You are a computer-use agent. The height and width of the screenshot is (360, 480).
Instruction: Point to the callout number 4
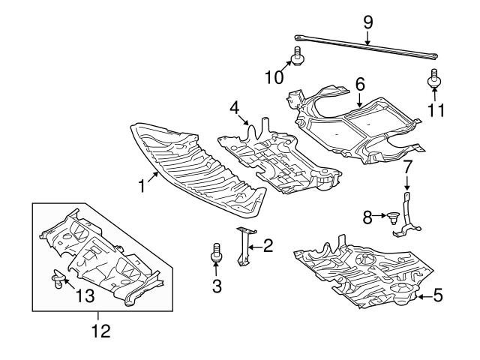point(235,108)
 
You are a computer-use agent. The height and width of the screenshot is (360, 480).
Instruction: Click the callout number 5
point(438,296)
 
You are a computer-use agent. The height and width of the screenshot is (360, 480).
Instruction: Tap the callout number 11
point(436,110)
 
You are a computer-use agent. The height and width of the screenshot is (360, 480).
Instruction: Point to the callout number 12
point(100,330)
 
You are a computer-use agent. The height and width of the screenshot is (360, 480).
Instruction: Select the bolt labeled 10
point(297,57)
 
